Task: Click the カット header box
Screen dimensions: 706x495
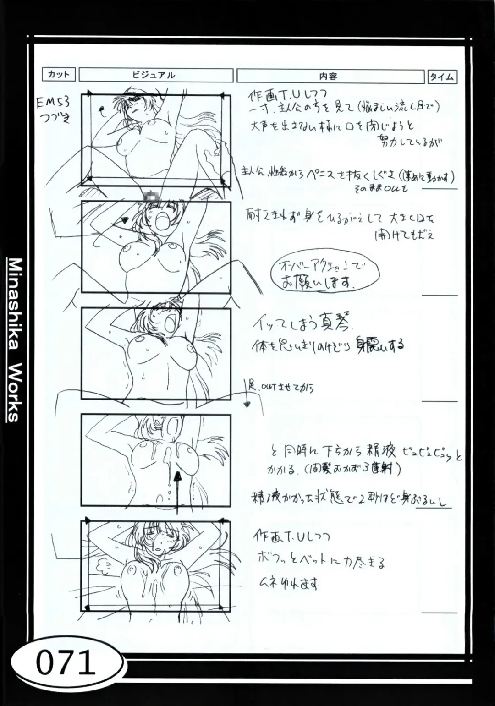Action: point(58,74)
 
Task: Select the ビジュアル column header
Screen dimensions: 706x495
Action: point(155,75)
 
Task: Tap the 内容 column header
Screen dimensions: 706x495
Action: point(330,77)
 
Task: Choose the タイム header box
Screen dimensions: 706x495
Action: point(442,77)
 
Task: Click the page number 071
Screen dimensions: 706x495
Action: point(65,663)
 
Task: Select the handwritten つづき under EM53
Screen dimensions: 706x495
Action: point(55,119)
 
